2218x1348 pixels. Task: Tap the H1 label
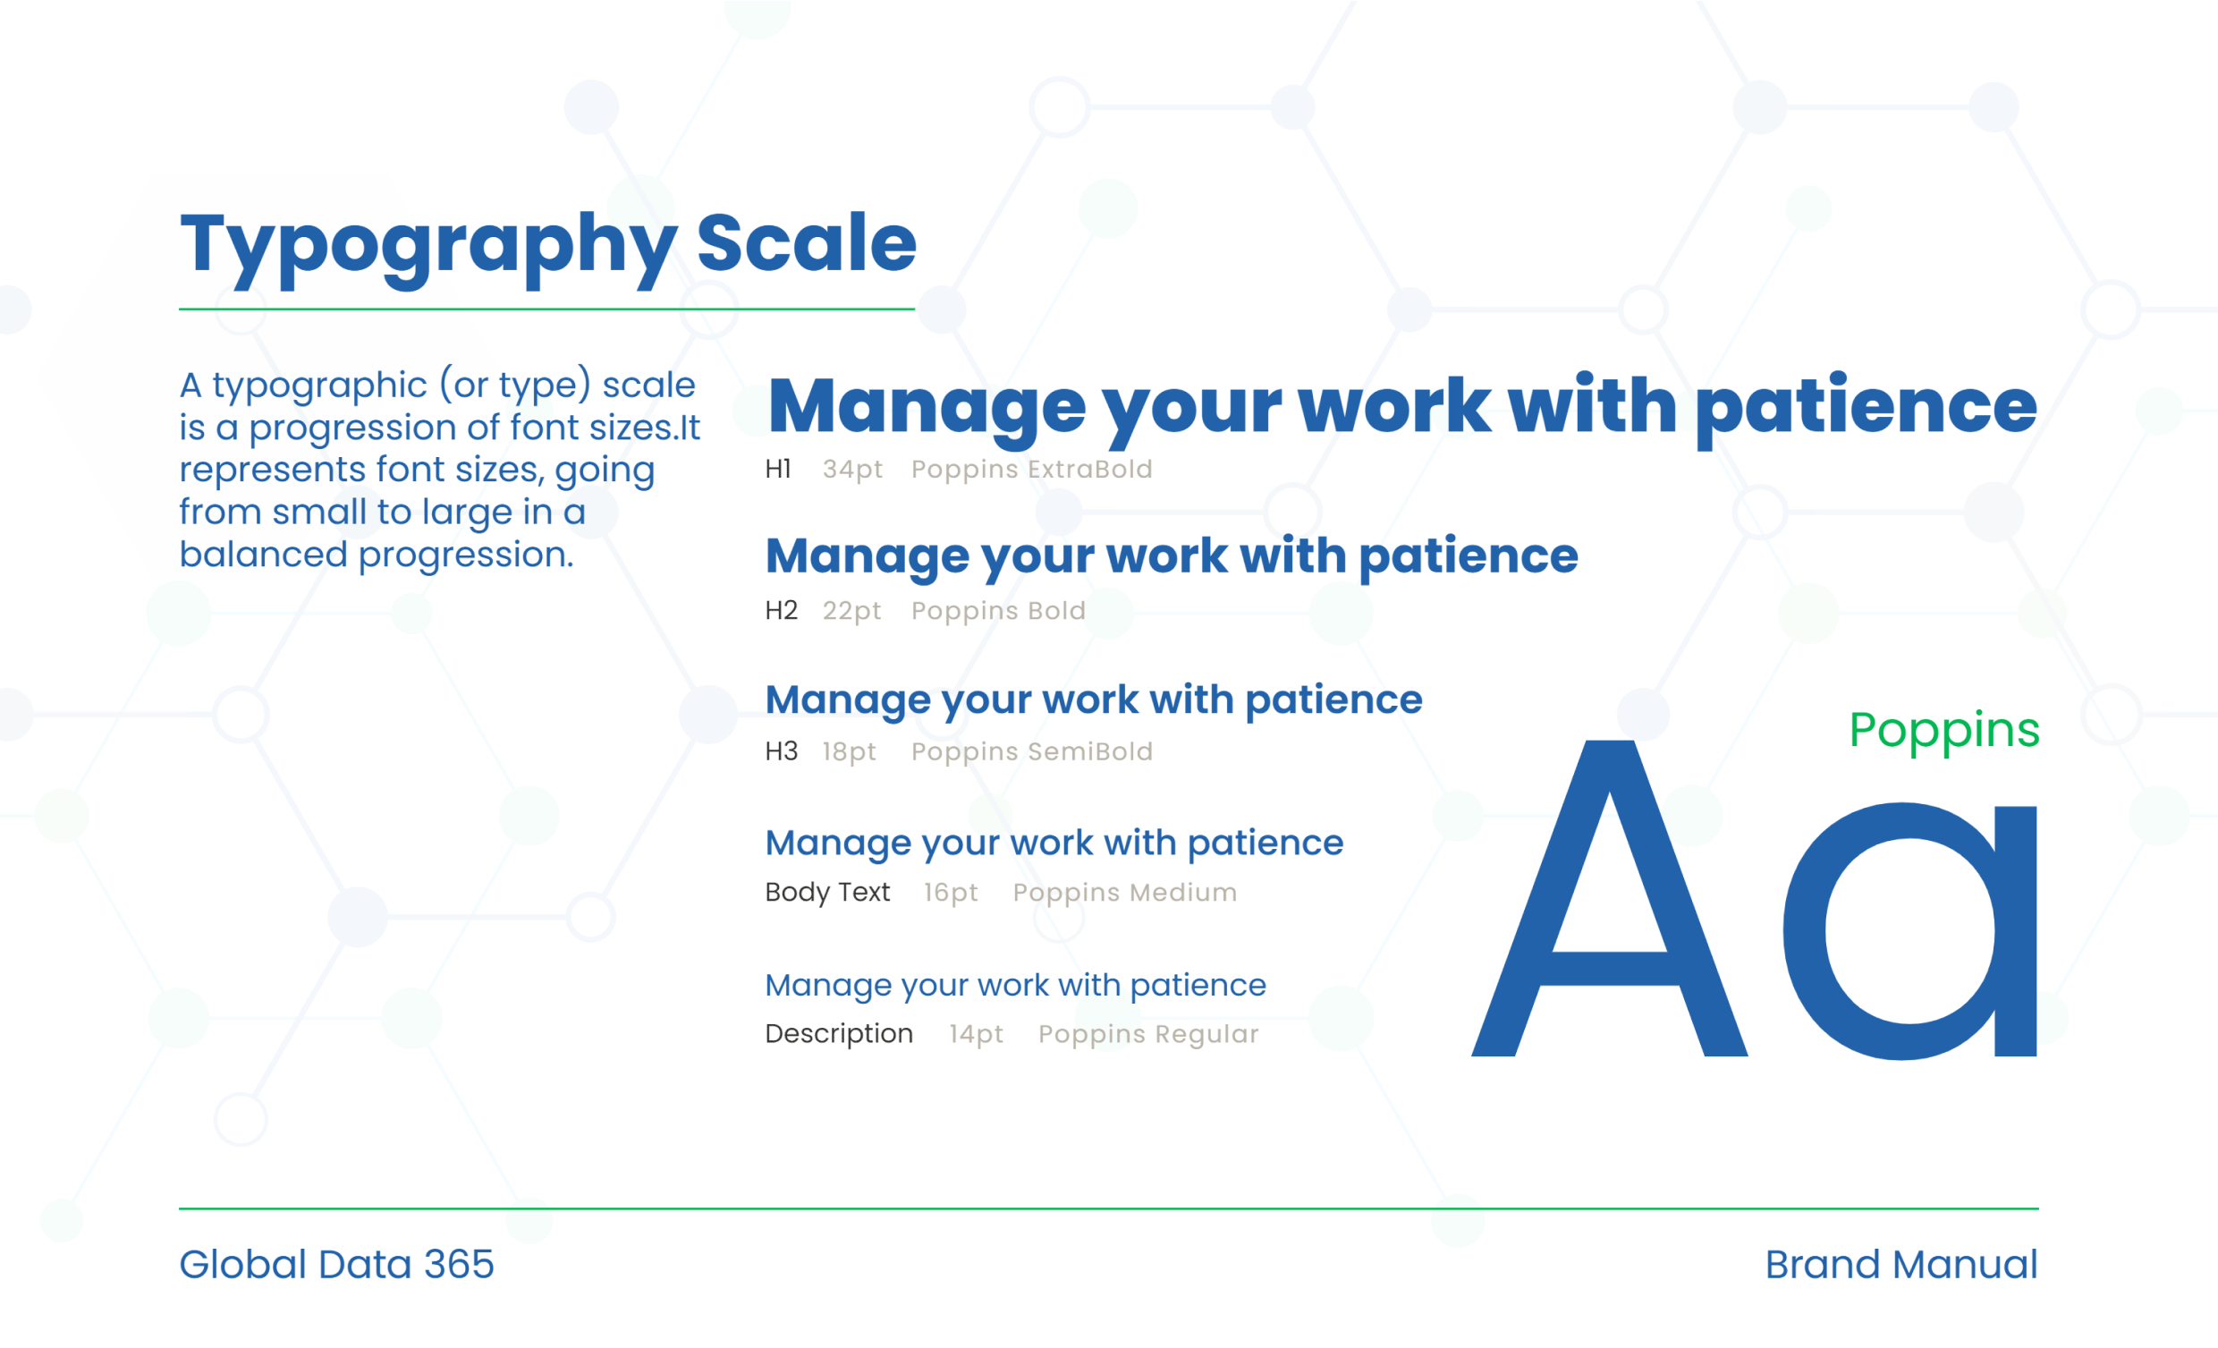[x=778, y=468]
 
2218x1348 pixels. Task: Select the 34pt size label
[x=852, y=470]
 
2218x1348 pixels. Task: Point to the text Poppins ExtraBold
[x=1031, y=470]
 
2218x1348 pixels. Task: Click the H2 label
[x=782, y=611]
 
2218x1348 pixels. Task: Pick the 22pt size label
[x=851, y=612]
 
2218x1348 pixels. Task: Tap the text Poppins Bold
[x=998, y=612]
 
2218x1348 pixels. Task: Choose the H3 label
[x=782, y=751]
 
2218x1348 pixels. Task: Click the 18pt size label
[x=849, y=752]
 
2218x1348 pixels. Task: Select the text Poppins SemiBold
[x=1031, y=752]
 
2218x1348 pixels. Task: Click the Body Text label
[x=827, y=892]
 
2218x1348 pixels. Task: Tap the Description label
[x=839, y=1034]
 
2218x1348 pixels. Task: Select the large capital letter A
[x=1610, y=899]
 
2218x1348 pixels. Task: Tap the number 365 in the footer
[x=459, y=1264]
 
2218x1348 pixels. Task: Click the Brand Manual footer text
[x=1901, y=1264]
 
